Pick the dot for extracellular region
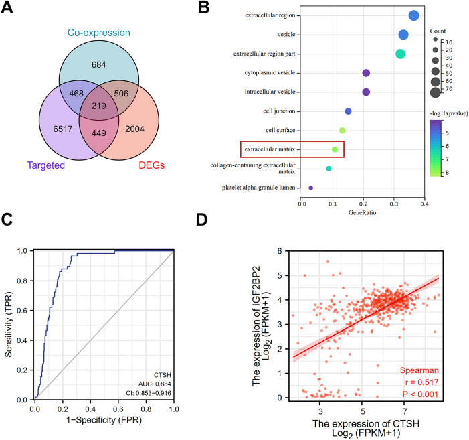coord(413,16)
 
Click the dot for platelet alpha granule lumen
coord(311,188)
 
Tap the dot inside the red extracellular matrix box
coord(335,149)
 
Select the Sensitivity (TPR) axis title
coord(10,325)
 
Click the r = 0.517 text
coord(421,381)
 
